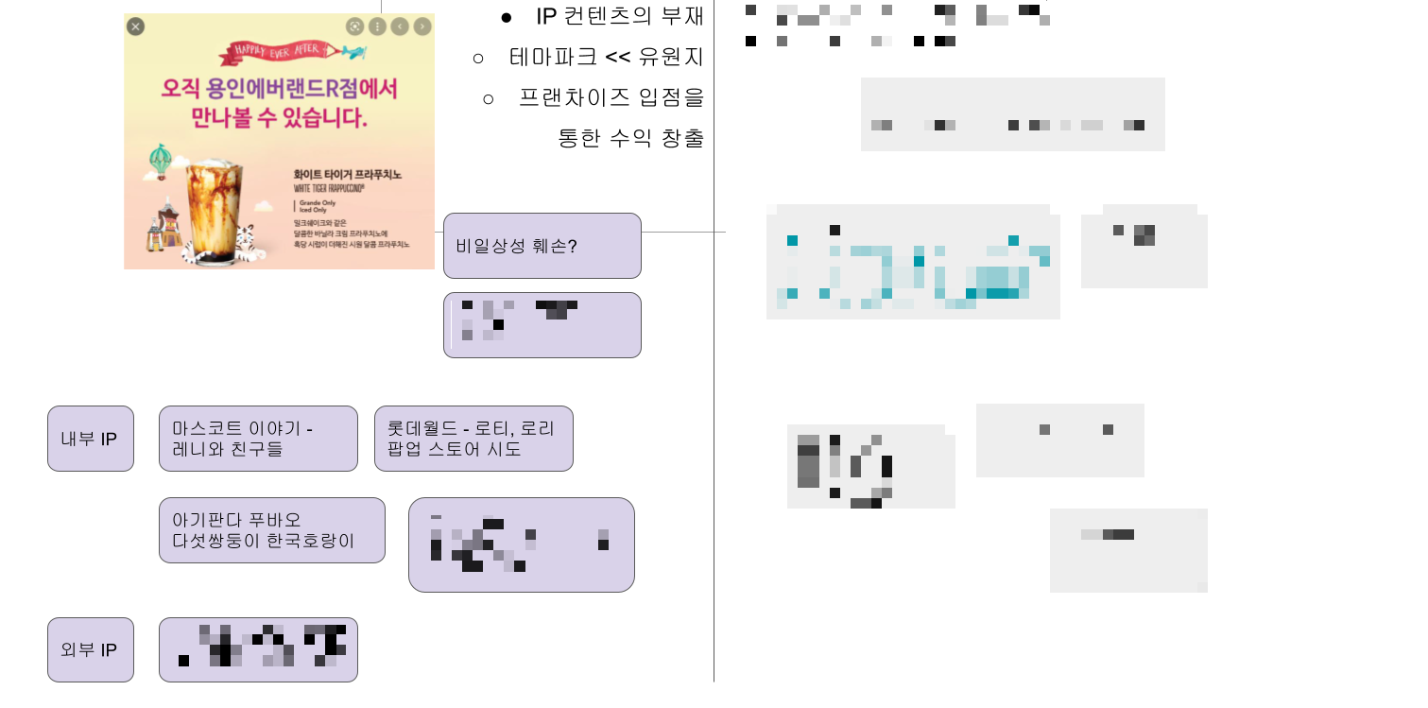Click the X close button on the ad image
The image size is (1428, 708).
pyautogui.click(x=136, y=26)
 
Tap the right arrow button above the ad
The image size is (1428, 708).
pyautogui.click(x=422, y=26)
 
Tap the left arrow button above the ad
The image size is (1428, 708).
pyautogui.click(x=400, y=26)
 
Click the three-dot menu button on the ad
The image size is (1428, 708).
pyautogui.click(x=377, y=26)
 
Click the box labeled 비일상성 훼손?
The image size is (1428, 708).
pyautogui.click(x=542, y=246)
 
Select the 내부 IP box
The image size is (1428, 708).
pyautogui.click(x=90, y=439)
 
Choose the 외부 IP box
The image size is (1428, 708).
pyautogui.click(x=90, y=649)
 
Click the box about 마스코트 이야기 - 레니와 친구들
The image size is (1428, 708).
pyautogui.click(x=258, y=439)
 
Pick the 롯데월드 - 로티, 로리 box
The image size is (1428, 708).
pyautogui.click(x=473, y=439)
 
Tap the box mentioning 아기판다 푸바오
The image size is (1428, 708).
pyautogui.click(x=271, y=530)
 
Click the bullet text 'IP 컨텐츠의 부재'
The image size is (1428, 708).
pyautogui.click(x=619, y=16)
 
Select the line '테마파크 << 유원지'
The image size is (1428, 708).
pyautogui.click(x=606, y=57)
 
